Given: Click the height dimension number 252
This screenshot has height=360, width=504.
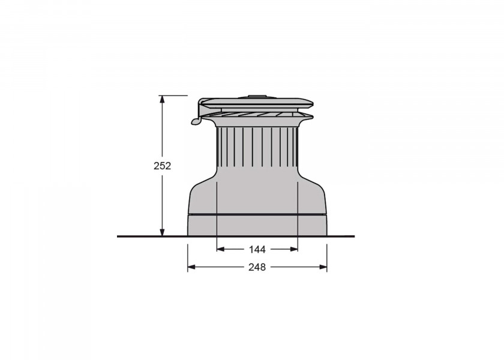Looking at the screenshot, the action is tap(163, 166).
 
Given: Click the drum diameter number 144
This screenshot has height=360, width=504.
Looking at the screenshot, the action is tap(257, 249).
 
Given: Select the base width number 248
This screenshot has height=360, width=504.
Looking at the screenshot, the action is tap(257, 267).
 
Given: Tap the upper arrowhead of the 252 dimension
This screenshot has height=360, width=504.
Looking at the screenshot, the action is tap(163, 99).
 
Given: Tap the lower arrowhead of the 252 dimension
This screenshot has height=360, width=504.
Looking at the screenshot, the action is tap(163, 232).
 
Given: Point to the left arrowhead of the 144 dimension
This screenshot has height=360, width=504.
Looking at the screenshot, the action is tap(221, 249).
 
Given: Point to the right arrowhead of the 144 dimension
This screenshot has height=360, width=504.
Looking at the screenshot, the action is tap(294, 249).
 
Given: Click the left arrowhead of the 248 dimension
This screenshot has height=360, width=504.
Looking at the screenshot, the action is tap(191, 267).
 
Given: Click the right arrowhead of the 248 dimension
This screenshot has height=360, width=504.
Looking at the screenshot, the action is tap(323, 267).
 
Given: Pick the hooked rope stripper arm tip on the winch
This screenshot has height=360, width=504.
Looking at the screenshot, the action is tap(196, 121).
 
